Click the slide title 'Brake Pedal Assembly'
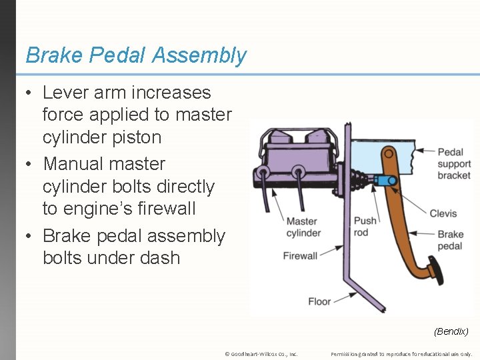(x=136, y=55)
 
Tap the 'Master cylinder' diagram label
(x=303, y=227)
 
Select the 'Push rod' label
(x=365, y=227)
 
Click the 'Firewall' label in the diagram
(x=300, y=255)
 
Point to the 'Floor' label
(x=319, y=301)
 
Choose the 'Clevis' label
(x=443, y=213)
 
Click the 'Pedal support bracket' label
(x=454, y=164)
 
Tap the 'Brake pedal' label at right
(x=451, y=240)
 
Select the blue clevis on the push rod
(x=386, y=180)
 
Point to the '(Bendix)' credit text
(x=451, y=331)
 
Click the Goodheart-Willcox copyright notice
(x=261, y=354)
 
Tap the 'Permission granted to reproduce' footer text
(x=401, y=354)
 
